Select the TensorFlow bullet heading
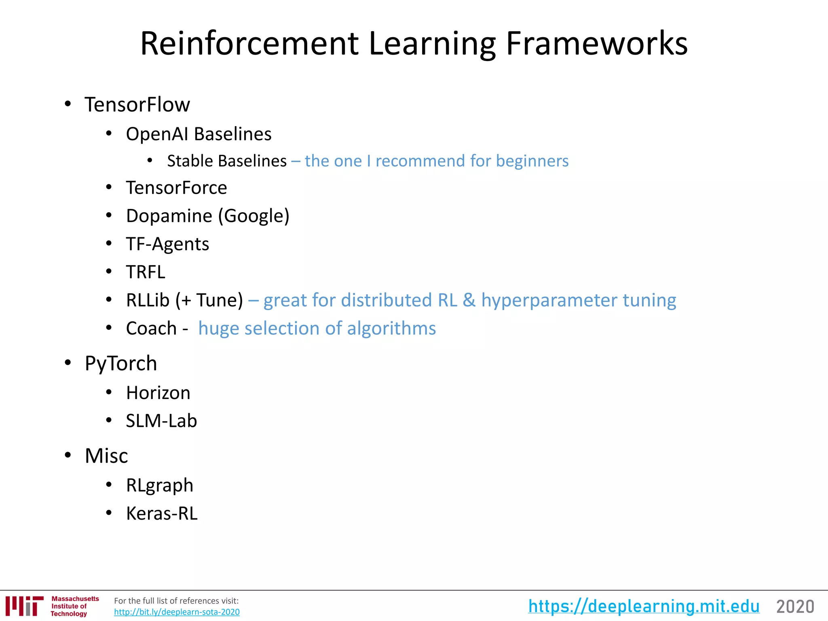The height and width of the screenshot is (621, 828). [x=137, y=105]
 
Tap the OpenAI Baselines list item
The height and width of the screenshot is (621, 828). [x=199, y=134]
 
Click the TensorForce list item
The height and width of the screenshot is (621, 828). [x=176, y=188]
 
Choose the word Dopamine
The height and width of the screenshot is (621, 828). [x=169, y=216]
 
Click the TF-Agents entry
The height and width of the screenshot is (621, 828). [x=167, y=244]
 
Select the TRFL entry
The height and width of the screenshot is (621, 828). [x=146, y=272]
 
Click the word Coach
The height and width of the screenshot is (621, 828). [x=151, y=328]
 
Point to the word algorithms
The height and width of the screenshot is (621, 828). [x=391, y=328]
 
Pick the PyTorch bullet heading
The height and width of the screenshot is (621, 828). [x=121, y=363]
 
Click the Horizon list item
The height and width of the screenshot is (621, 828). [x=158, y=393]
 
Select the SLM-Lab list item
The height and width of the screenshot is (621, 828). [x=161, y=421]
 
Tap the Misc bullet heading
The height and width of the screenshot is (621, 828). [x=106, y=456]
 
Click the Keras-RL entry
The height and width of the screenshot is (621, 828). [x=162, y=513]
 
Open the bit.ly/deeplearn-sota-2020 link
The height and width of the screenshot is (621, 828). [x=177, y=612]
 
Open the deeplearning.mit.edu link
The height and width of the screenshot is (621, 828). [x=644, y=606]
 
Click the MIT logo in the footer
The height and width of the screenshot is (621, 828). [x=24, y=606]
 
